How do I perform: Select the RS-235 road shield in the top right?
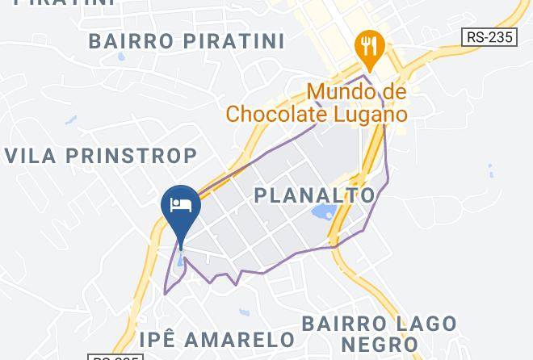[x=489, y=37]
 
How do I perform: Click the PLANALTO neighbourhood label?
[x=315, y=195]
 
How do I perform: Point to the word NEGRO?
[x=379, y=345]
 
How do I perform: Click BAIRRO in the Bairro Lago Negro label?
[x=338, y=324]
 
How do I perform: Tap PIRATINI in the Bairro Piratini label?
[x=234, y=40]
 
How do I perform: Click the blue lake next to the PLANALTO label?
[x=324, y=215]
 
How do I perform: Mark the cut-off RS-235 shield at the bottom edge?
[x=113, y=357]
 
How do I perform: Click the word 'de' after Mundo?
[x=392, y=92]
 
